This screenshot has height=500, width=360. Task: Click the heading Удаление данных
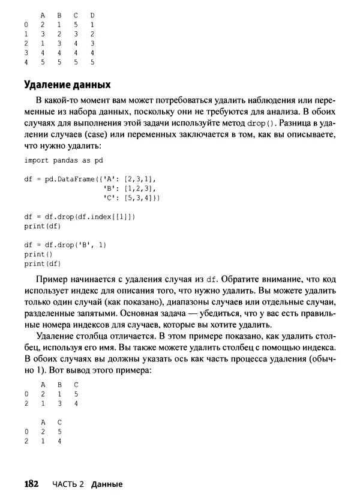[67, 84]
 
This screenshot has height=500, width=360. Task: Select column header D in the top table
[92, 14]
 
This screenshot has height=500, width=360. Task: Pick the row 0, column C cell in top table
[76, 24]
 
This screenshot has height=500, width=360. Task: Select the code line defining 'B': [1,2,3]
[130, 188]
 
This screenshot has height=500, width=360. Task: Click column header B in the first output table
[59, 384]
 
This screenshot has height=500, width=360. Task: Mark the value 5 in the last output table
[59, 431]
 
